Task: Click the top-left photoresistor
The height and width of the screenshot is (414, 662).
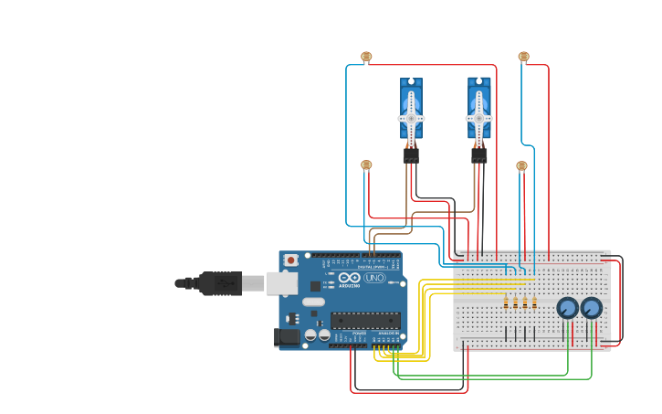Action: point(366,57)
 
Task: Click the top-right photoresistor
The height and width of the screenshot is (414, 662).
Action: point(523,57)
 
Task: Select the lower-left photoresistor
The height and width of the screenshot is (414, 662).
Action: point(366,165)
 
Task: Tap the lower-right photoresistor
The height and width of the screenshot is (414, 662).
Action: point(521,166)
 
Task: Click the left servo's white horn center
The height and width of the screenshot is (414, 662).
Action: point(411,118)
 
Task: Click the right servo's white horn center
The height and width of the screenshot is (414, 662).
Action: point(478,118)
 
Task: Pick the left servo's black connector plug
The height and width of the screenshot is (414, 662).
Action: point(411,155)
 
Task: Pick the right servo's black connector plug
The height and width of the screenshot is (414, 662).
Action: point(478,155)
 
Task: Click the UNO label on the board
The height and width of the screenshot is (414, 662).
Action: point(374,278)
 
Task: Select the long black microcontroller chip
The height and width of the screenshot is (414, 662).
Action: point(364,320)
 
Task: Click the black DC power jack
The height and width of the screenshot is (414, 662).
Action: point(287,337)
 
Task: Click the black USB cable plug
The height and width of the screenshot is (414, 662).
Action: point(219,283)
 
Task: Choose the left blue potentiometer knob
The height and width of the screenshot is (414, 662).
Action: point(567,308)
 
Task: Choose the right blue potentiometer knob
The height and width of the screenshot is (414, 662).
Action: point(591,308)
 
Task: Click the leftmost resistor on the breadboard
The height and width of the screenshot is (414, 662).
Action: point(506,303)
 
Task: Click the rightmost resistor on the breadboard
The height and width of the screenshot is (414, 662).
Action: point(534,303)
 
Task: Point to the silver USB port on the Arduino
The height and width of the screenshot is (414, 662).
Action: point(282,283)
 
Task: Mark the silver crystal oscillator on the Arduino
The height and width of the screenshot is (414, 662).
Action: point(313,302)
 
